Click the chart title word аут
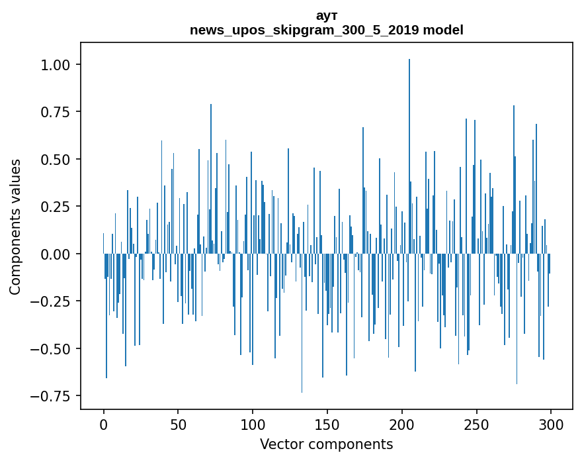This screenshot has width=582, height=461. [x=327, y=16]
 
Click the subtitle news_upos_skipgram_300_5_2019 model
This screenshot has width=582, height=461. [x=327, y=30]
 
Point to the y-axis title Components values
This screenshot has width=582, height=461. [x=15, y=227]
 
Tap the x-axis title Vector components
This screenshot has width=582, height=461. [x=327, y=444]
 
